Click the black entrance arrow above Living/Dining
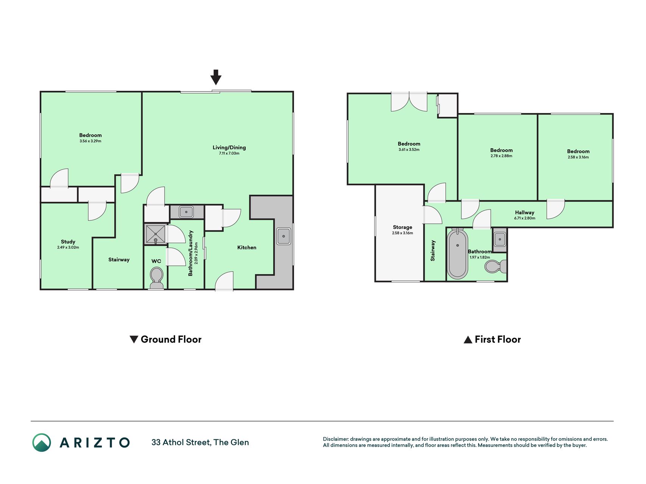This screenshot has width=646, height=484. point(216,77)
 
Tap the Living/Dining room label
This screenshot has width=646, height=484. point(229,147)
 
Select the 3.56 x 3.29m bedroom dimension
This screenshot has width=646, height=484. point(90,141)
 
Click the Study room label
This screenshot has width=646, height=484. point(68,242)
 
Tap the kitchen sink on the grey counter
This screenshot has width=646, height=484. point(283,236)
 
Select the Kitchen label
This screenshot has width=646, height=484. point(247,247)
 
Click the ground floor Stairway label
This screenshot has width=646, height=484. point(119,259)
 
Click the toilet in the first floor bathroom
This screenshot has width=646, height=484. point(495,266)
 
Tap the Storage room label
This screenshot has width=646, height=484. point(402,227)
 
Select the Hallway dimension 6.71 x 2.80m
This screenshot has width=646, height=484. point(525,218)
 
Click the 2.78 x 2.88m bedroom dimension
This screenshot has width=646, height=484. point(501,156)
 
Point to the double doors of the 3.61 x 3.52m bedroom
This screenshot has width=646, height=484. point(409,102)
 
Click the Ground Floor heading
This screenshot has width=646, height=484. point(171,339)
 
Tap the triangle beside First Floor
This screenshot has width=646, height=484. point(468,340)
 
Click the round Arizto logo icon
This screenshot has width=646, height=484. point(42,442)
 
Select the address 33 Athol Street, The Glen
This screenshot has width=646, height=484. point(200,442)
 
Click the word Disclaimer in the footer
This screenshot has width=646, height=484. point(335,439)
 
